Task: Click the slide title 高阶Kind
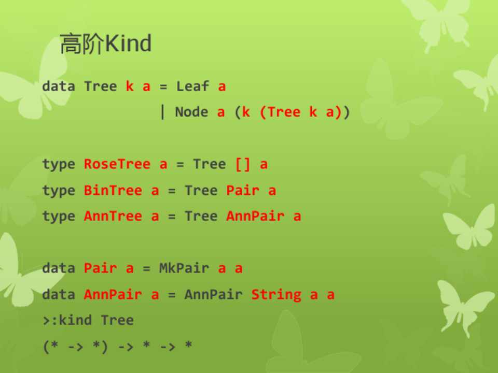pyautogui.click(x=105, y=44)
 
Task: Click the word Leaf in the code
pyautogui.click(x=192, y=87)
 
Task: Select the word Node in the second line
pyautogui.click(x=191, y=112)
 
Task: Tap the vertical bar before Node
pyautogui.click(x=163, y=112)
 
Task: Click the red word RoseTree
pyautogui.click(x=117, y=164)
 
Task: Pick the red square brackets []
pyautogui.click(x=243, y=164)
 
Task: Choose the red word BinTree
pyautogui.click(x=113, y=190)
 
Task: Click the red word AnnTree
pyautogui.click(x=113, y=217)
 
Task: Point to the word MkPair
pyautogui.click(x=184, y=268)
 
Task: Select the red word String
pyautogui.click(x=276, y=295)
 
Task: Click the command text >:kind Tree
pyautogui.click(x=88, y=320)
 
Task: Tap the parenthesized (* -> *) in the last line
pyautogui.click(x=75, y=346)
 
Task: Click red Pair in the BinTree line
pyautogui.click(x=243, y=190)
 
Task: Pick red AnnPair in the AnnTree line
pyautogui.click(x=255, y=217)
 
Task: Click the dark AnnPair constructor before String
pyautogui.click(x=213, y=295)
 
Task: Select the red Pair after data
pyautogui.click(x=100, y=268)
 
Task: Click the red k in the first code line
pyautogui.click(x=130, y=87)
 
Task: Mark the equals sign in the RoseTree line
pyautogui.click(x=180, y=165)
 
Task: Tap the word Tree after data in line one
pyautogui.click(x=100, y=87)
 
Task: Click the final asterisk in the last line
pyautogui.click(x=188, y=345)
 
